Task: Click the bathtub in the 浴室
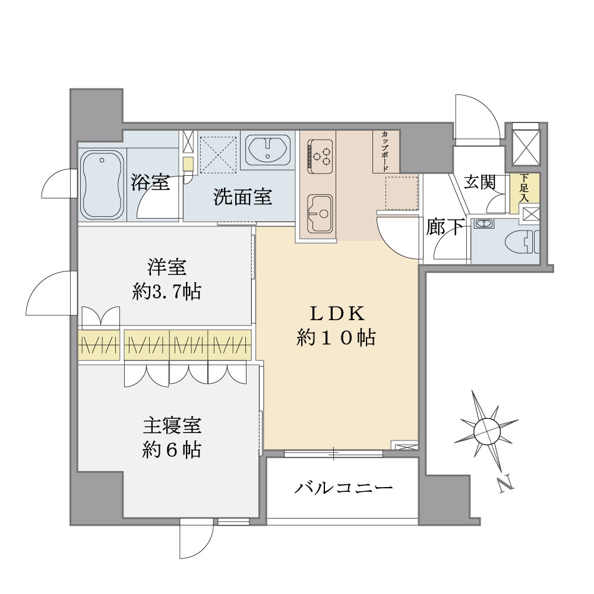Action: (103, 184)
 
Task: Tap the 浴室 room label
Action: (151, 183)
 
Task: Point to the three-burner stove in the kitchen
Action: (321, 153)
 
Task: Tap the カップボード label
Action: (386, 151)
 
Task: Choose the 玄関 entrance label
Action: (479, 182)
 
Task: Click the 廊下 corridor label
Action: (445, 227)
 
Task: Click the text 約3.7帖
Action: (166, 292)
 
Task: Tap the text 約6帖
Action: (171, 450)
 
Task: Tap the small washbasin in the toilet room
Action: (484, 224)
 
